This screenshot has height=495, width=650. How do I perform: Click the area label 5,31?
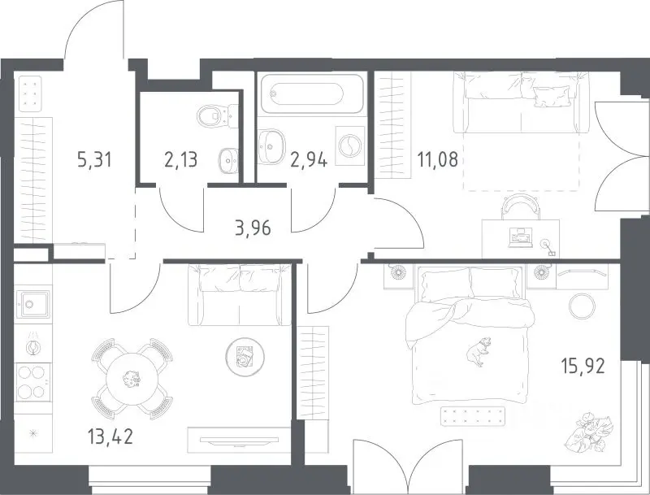click(x=94, y=159)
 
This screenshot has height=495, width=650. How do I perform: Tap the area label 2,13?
click(x=180, y=159)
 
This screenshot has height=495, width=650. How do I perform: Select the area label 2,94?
click(x=309, y=159)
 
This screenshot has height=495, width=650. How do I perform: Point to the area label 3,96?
click(x=253, y=228)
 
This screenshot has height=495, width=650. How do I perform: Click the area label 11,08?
click(x=438, y=159)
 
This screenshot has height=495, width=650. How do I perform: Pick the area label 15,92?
click(x=583, y=367)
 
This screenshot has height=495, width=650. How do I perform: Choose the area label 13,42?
click(x=110, y=436)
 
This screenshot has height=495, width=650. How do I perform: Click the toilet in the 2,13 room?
click(x=217, y=115)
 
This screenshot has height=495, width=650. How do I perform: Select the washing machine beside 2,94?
click(x=350, y=146)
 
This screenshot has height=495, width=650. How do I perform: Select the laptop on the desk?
click(x=520, y=238)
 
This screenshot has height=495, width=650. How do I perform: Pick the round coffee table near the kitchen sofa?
click(x=245, y=357)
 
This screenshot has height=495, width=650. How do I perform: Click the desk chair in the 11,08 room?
click(x=521, y=206)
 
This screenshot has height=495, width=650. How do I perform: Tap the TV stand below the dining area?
click(x=238, y=440)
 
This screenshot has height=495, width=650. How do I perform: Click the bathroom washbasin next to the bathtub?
click(x=272, y=146)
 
